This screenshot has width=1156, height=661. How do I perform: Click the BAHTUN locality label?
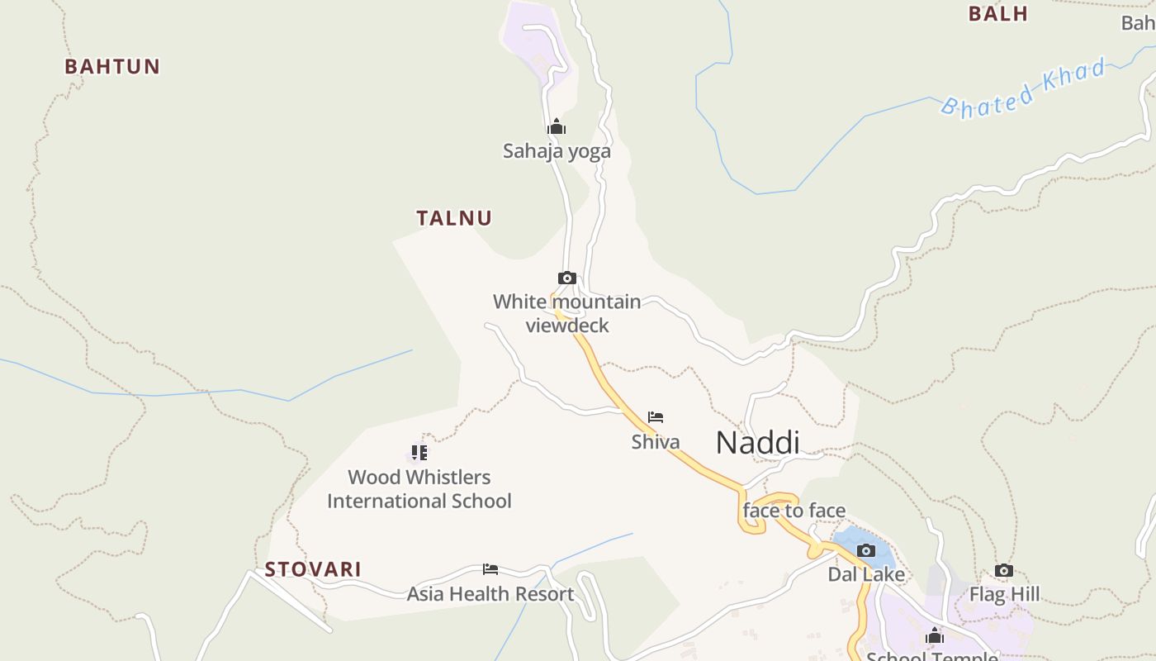point(112,67)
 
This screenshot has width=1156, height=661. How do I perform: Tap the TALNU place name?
point(454,219)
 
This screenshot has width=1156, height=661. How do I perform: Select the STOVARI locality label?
point(313,570)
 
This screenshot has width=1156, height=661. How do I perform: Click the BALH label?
point(997,14)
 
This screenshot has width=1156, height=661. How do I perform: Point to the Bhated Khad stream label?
point(1024,88)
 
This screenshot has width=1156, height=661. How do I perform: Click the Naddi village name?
point(757,443)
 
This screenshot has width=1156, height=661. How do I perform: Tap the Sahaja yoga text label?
point(557,151)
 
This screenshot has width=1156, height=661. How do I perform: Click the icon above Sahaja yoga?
point(557,126)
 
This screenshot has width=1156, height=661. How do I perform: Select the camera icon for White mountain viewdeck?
point(566,278)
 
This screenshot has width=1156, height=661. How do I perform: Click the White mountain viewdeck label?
point(567,313)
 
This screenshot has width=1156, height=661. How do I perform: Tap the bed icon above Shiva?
point(656,417)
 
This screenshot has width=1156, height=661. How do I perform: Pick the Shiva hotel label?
point(656,442)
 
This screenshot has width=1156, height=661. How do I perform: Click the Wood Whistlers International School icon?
point(419,453)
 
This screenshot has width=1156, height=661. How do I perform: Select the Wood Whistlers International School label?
point(419,489)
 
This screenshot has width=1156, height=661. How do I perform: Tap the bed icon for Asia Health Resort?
point(490,569)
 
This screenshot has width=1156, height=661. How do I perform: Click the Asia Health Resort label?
point(490,594)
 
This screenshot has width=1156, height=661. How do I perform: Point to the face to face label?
point(794,511)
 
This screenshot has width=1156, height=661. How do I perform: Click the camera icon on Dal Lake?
point(866,550)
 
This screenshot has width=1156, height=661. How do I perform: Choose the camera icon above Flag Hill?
point(1004,570)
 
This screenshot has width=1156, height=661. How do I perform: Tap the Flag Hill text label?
point(1004,595)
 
